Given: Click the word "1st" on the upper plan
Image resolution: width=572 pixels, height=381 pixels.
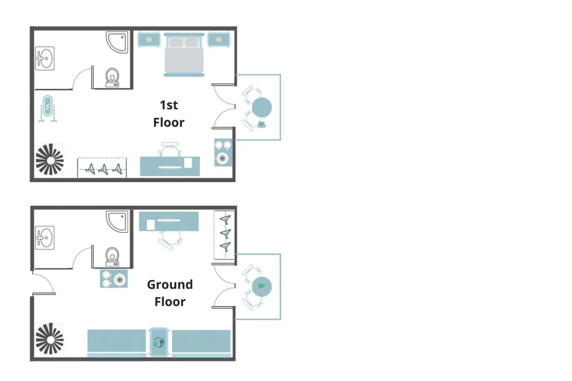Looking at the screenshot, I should [x=169, y=105].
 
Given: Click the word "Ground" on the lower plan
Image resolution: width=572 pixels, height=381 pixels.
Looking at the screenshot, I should [x=170, y=285].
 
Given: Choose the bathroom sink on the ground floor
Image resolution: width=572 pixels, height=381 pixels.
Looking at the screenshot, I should [x=45, y=238].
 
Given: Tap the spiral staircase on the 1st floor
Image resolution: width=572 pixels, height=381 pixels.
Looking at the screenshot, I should [x=50, y=159].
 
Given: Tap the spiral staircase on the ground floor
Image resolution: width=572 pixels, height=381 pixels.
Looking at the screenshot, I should [x=50, y=339].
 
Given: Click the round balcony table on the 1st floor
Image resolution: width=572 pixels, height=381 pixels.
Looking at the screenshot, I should [x=262, y=107].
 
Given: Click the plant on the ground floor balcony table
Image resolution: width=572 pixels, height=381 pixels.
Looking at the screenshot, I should [x=262, y=286].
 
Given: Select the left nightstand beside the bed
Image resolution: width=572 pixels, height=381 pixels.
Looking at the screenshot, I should [x=149, y=40].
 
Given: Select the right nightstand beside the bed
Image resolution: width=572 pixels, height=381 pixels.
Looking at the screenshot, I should [x=218, y=40].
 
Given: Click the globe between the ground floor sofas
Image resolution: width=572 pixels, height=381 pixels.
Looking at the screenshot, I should [x=159, y=342].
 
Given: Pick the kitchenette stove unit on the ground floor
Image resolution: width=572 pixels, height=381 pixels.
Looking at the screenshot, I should [x=114, y=279].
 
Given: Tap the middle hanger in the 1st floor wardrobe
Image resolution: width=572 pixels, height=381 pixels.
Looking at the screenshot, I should [x=103, y=169].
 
